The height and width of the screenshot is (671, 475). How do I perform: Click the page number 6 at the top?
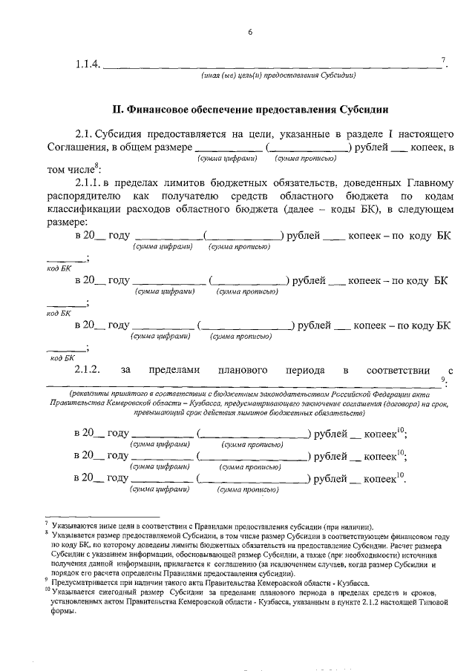pos(250,31)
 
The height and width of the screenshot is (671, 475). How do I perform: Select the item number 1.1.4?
pos(87,65)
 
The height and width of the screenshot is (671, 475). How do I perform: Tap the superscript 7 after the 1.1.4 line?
pos(443,60)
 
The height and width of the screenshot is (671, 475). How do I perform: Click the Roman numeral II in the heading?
pos(117,108)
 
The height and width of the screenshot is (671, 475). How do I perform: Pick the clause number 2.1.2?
pos(87,370)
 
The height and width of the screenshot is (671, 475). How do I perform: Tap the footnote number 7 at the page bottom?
pos(47,524)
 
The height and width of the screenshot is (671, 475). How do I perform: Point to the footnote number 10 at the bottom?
pos(47,591)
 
